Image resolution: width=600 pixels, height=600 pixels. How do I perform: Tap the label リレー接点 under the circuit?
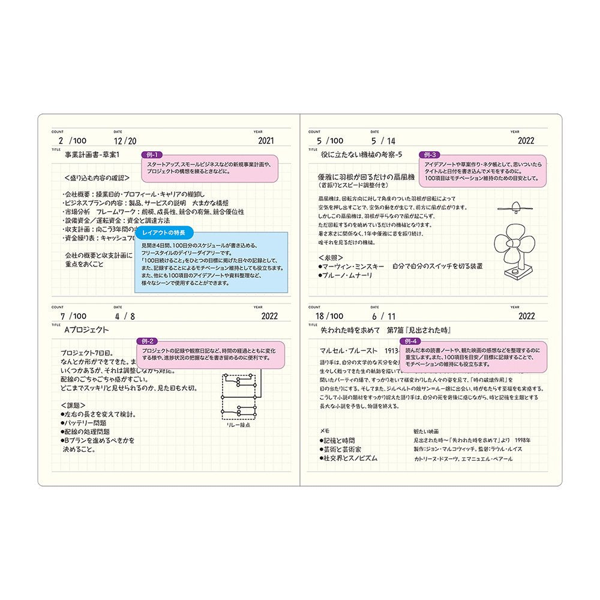(238, 424)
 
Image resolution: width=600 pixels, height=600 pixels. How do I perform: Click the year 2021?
(265, 141)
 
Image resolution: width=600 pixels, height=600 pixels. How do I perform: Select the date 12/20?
(125, 141)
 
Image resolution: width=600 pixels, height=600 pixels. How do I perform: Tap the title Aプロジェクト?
(86, 329)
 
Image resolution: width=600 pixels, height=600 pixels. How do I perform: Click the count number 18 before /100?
(320, 316)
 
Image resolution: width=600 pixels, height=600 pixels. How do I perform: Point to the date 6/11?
(384, 316)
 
